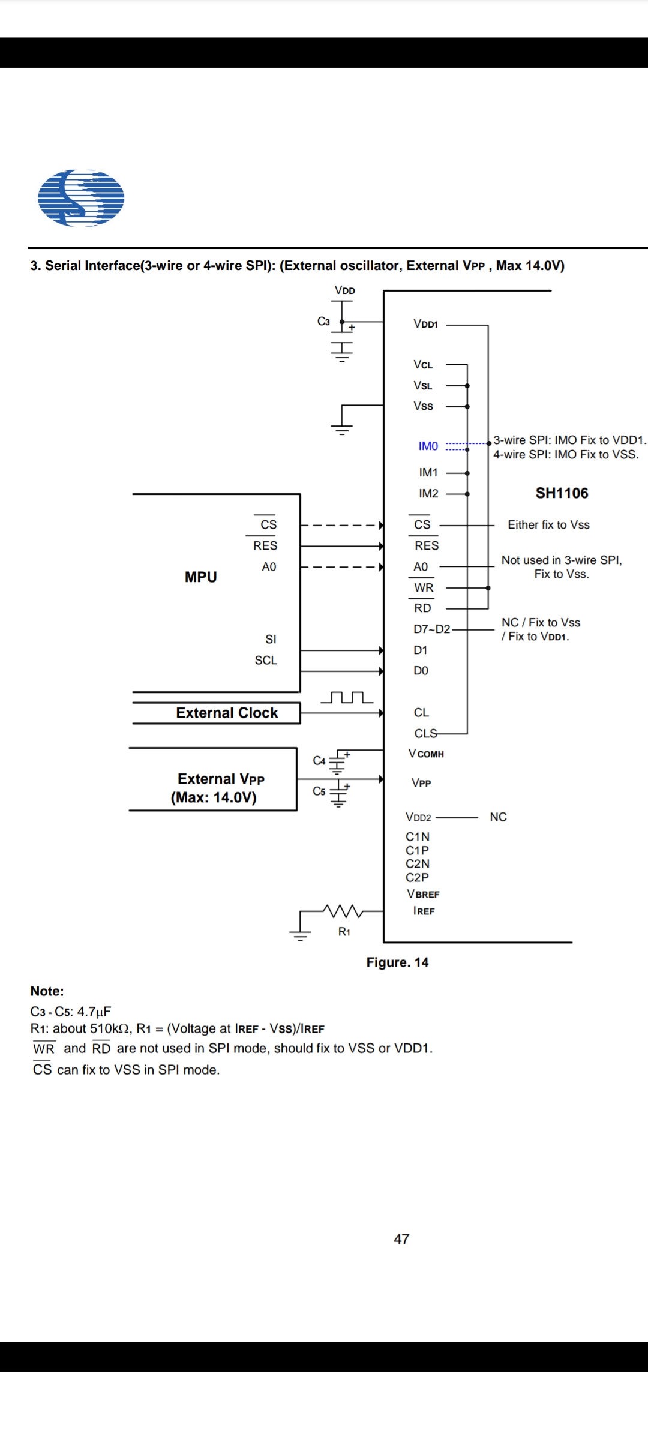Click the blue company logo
click(x=81, y=198)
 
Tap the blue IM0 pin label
click(x=428, y=446)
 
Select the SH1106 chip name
click(x=562, y=493)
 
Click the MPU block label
click(x=200, y=577)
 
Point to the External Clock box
click(x=226, y=713)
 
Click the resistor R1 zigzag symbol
click(x=343, y=911)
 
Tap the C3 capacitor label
click(x=323, y=322)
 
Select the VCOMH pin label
click(x=426, y=754)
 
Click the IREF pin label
click(x=424, y=911)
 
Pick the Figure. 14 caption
click(x=397, y=962)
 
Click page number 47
click(x=401, y=1239)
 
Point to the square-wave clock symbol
click(x=347, y=697)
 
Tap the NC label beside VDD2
click(x=498, y=817)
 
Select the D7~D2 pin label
click(x=431, y=629)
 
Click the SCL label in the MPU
click(x=266, y=661)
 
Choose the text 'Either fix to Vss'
click(x=548, y=525)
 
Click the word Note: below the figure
click(x=47, y=991)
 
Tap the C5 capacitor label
click(x=319, y=791)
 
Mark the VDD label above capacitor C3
click(x=344, y=290)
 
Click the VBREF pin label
click(x=423, y=894)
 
